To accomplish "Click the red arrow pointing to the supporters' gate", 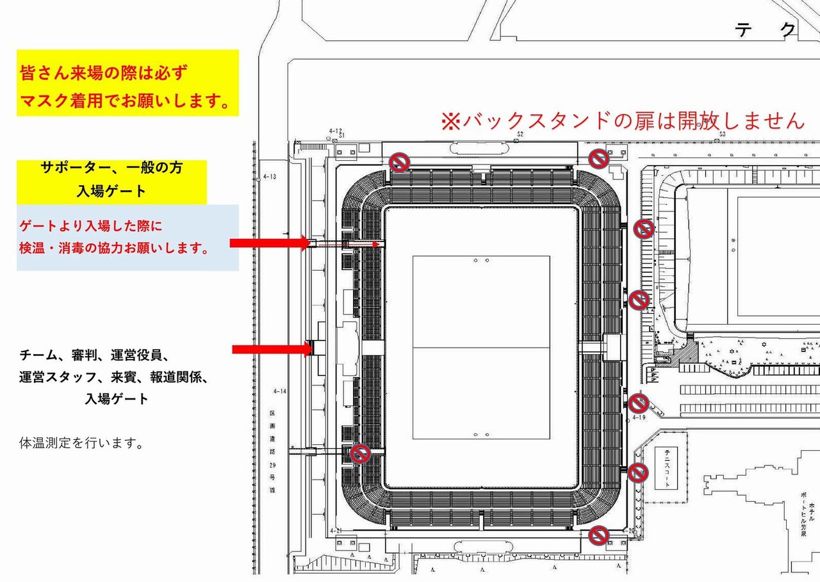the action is (269, 242).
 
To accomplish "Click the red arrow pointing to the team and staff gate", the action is (271, 349).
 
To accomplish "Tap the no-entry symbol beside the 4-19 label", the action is (639, 403).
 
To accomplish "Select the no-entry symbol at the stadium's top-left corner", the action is (400, 162).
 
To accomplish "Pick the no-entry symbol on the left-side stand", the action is (360, 454).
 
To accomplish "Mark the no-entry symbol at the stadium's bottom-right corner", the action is (599, 535).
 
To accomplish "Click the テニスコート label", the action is (668, 468).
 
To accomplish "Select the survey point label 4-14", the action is (279, 391).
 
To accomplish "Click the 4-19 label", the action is (639, 417).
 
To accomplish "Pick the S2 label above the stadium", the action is (520, 134).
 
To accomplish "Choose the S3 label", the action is (722, 134).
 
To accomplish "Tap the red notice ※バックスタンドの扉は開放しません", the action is (621, 120).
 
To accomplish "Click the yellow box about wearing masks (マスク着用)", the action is (127, 83).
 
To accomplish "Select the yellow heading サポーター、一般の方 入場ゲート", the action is (111, 180).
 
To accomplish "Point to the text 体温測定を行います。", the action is (81, 442).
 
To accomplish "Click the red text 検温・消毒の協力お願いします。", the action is (115, 248).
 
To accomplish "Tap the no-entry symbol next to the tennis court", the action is (637, 473).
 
